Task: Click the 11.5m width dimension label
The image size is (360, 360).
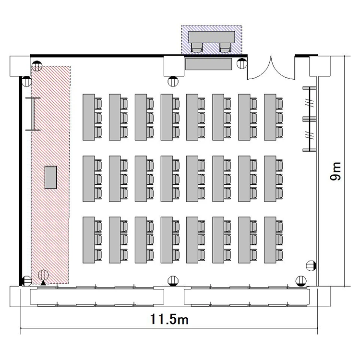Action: click(x=169, y=319)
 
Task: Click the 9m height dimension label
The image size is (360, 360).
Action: click(x=336, y=171)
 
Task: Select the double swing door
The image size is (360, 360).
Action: click(x=271, y=68)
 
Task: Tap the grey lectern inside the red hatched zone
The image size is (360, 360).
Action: click(x=50, y=178)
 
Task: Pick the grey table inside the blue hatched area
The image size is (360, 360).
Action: click(x=212, y=37)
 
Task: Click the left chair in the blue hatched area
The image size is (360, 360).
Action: click(x=197, y=47)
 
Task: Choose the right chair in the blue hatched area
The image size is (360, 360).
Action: click(x=225, y=47)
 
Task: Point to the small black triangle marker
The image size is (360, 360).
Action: click(x=43, y=283)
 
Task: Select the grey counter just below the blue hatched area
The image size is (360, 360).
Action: click(x=208, y=64)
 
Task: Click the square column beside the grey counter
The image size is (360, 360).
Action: click(x=174, y=66)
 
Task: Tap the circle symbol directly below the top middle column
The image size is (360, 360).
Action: click(x=173, y=81)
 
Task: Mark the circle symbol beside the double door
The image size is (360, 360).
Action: click(x=242, y=63)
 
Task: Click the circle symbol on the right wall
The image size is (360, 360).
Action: click(x=312, y=266)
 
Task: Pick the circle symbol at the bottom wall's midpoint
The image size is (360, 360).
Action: click(x=173, y=281)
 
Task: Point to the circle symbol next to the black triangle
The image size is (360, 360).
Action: click(x=43, y=275)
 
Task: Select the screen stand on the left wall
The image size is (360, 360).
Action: click(x=33, y=114)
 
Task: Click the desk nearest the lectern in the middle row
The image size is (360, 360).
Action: click(x=89, y=179)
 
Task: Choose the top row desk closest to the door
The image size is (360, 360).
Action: click(x=270, y=117)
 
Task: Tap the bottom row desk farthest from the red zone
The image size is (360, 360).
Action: click(x=270, y=240)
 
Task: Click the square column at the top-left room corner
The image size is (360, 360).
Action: click(x=20, y=66)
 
